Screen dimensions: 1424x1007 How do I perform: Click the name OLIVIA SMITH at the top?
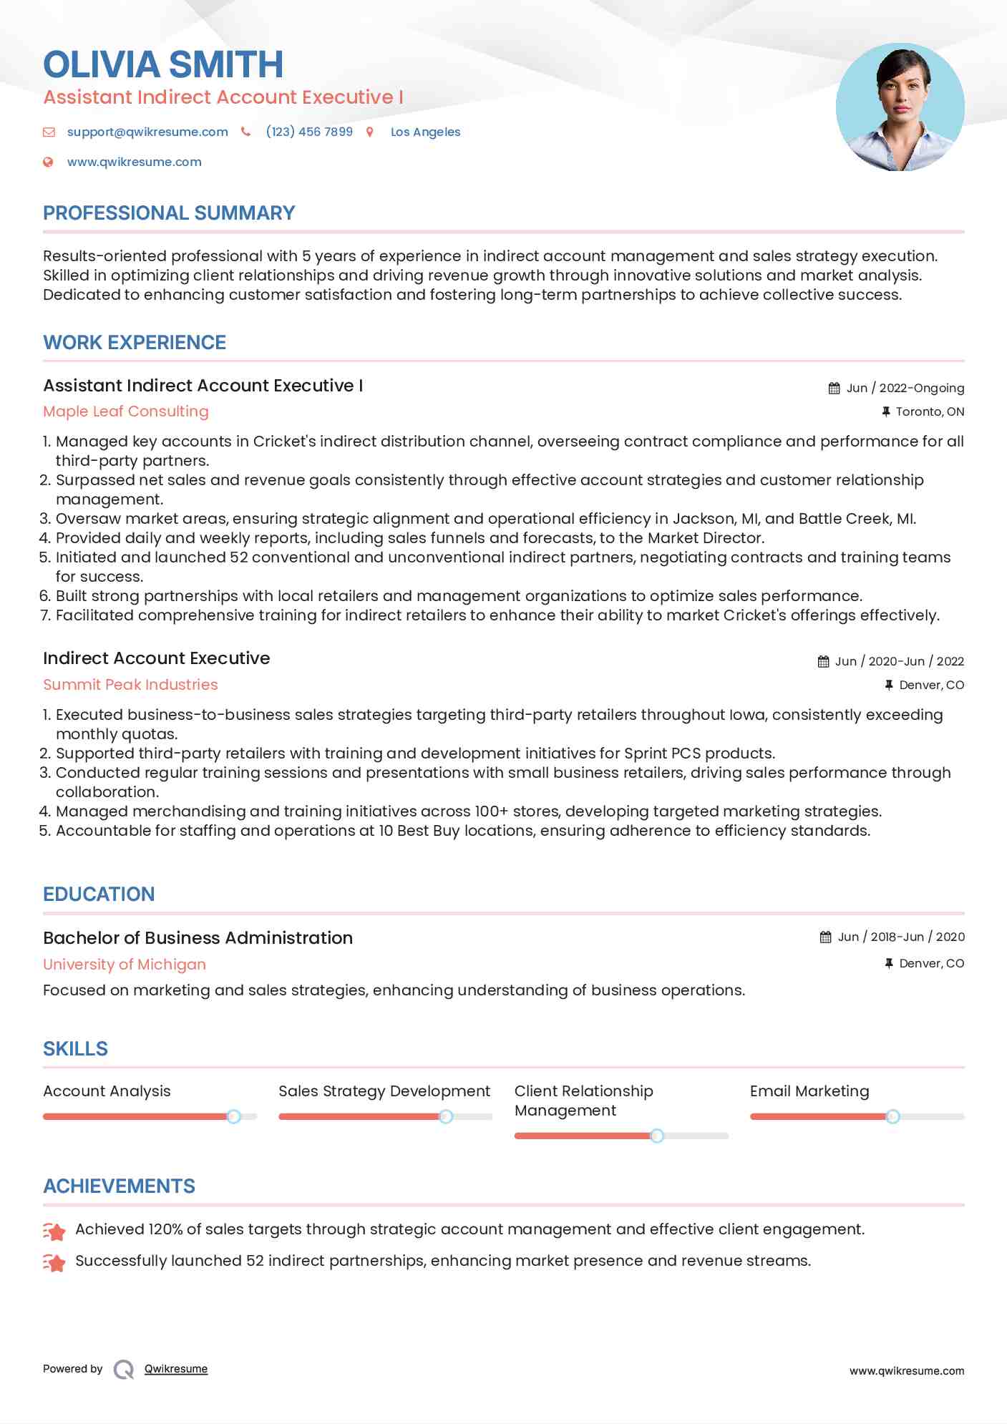(163, 64)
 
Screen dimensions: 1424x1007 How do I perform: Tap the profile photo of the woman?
(900, 107)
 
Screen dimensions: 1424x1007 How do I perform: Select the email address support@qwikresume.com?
(147, 132)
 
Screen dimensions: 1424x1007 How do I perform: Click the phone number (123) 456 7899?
(309, 132)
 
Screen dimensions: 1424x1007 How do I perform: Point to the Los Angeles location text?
(425, 132)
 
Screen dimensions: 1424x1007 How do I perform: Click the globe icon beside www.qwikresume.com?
(48, 162)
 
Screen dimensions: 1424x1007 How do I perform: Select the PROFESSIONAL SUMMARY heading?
(169, 213)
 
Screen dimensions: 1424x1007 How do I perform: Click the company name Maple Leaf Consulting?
(126, 411)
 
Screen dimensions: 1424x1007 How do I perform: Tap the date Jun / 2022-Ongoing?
(905, 388)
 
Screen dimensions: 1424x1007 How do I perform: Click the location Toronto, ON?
(929, 411)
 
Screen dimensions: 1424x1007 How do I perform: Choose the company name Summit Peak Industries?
(130, 685)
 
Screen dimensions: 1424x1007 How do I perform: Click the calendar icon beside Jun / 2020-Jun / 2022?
(824, 662)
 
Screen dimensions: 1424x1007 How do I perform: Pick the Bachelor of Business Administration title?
(198, 938)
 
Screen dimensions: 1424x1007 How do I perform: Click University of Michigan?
(125, 965)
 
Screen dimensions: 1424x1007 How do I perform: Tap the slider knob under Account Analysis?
(233, 1116)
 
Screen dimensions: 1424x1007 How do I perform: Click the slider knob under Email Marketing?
(892, 1116)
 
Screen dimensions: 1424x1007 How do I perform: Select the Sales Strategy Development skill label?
(384, 1091)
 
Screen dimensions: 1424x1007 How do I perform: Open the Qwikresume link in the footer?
(176, 1369)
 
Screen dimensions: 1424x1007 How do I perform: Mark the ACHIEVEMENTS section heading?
(119, 1186)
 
